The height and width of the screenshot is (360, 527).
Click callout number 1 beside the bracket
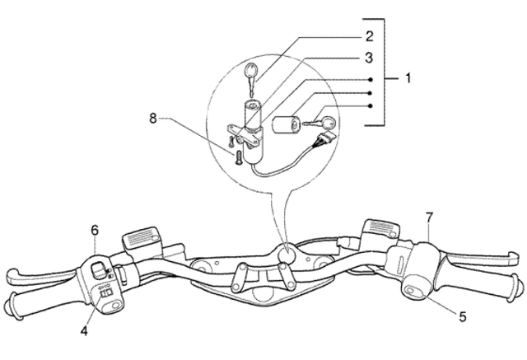pos(408,78)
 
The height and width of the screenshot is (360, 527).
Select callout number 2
pos(369,36)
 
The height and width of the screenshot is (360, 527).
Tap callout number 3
pos(369,58)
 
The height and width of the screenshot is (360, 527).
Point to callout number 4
pos(84,331)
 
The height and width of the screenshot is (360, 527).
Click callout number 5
pos(463,316)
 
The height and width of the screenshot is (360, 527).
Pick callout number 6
pos(95,231)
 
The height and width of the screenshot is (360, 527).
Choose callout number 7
pos(430,217)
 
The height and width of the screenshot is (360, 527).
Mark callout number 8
pos(153,118)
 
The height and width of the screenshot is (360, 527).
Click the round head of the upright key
pos(250,70)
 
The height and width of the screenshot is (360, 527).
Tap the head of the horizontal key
pos(328,123)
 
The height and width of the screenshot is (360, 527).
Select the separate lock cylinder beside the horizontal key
pos(286,124)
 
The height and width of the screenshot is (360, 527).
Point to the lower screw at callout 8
pos(238,157)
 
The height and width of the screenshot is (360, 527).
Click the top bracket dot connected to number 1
pos(371,80)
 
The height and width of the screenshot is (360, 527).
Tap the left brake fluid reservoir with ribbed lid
pos(141,238)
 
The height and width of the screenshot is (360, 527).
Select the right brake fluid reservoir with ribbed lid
pos(381,229)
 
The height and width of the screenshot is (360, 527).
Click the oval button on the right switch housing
pos(411,290)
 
